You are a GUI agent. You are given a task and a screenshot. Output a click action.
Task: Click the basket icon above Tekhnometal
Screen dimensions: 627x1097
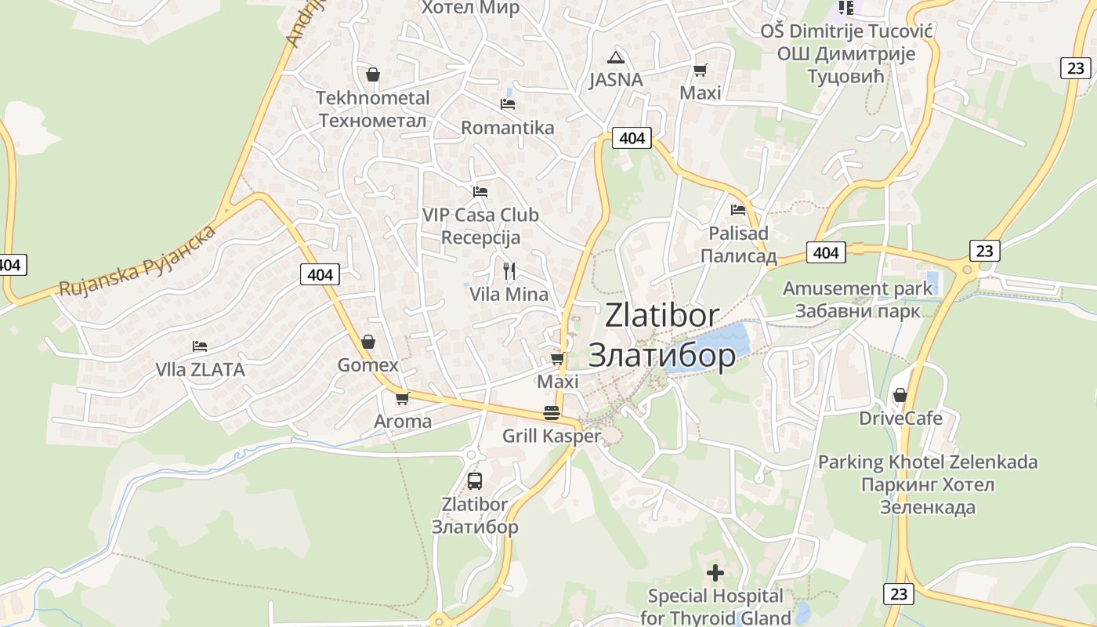pyautogui.click(x=373, y=74)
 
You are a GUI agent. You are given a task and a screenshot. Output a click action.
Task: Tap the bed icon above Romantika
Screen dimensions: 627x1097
pyautogui.click(x=508, y=103)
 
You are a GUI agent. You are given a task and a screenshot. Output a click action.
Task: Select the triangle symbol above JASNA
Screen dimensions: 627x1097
pyautogui.click(x=617, y=57)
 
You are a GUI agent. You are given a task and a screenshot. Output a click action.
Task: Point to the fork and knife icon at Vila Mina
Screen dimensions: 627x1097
pyautogui.click(x=509, y=271)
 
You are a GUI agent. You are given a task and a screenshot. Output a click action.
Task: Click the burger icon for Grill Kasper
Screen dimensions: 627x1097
pyautogui.click(x=552, y=413)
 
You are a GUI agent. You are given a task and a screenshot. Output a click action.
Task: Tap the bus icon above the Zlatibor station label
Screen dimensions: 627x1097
pyautogui.click(x=474, y=480)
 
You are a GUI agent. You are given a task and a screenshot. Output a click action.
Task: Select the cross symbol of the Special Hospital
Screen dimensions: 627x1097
pyautogui.click(x=715, y=573)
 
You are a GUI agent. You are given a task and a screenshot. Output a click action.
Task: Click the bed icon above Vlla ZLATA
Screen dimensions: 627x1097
pyautogui.click(x=200, y=346)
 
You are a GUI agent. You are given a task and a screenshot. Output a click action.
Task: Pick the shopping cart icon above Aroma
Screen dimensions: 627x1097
pyautogui.click(x=403, y=398)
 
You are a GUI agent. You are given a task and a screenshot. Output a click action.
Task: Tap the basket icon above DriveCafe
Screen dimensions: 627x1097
pyautogui.click(x=900, y=395)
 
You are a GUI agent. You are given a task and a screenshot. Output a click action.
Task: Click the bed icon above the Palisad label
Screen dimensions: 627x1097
pyautogui.click(x=737, y=209)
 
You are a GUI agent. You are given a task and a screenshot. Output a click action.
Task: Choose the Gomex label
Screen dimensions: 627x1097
pyautogui.click(x=367, y=365)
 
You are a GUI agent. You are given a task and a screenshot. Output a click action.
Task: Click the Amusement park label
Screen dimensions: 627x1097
pyautogui.click(x=857, y=288)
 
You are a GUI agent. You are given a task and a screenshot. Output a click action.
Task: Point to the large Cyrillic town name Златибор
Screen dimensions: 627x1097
pyautogui.click(x=661, y=355)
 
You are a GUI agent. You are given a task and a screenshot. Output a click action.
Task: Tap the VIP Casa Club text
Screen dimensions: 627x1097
pyautogui.click(x=480, y=215)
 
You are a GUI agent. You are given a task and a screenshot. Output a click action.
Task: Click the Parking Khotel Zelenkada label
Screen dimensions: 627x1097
pyautogui.click(x=928, y=462)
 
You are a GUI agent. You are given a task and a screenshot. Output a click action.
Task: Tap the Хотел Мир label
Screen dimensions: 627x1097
pyautogui.click(x=470, y=8)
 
